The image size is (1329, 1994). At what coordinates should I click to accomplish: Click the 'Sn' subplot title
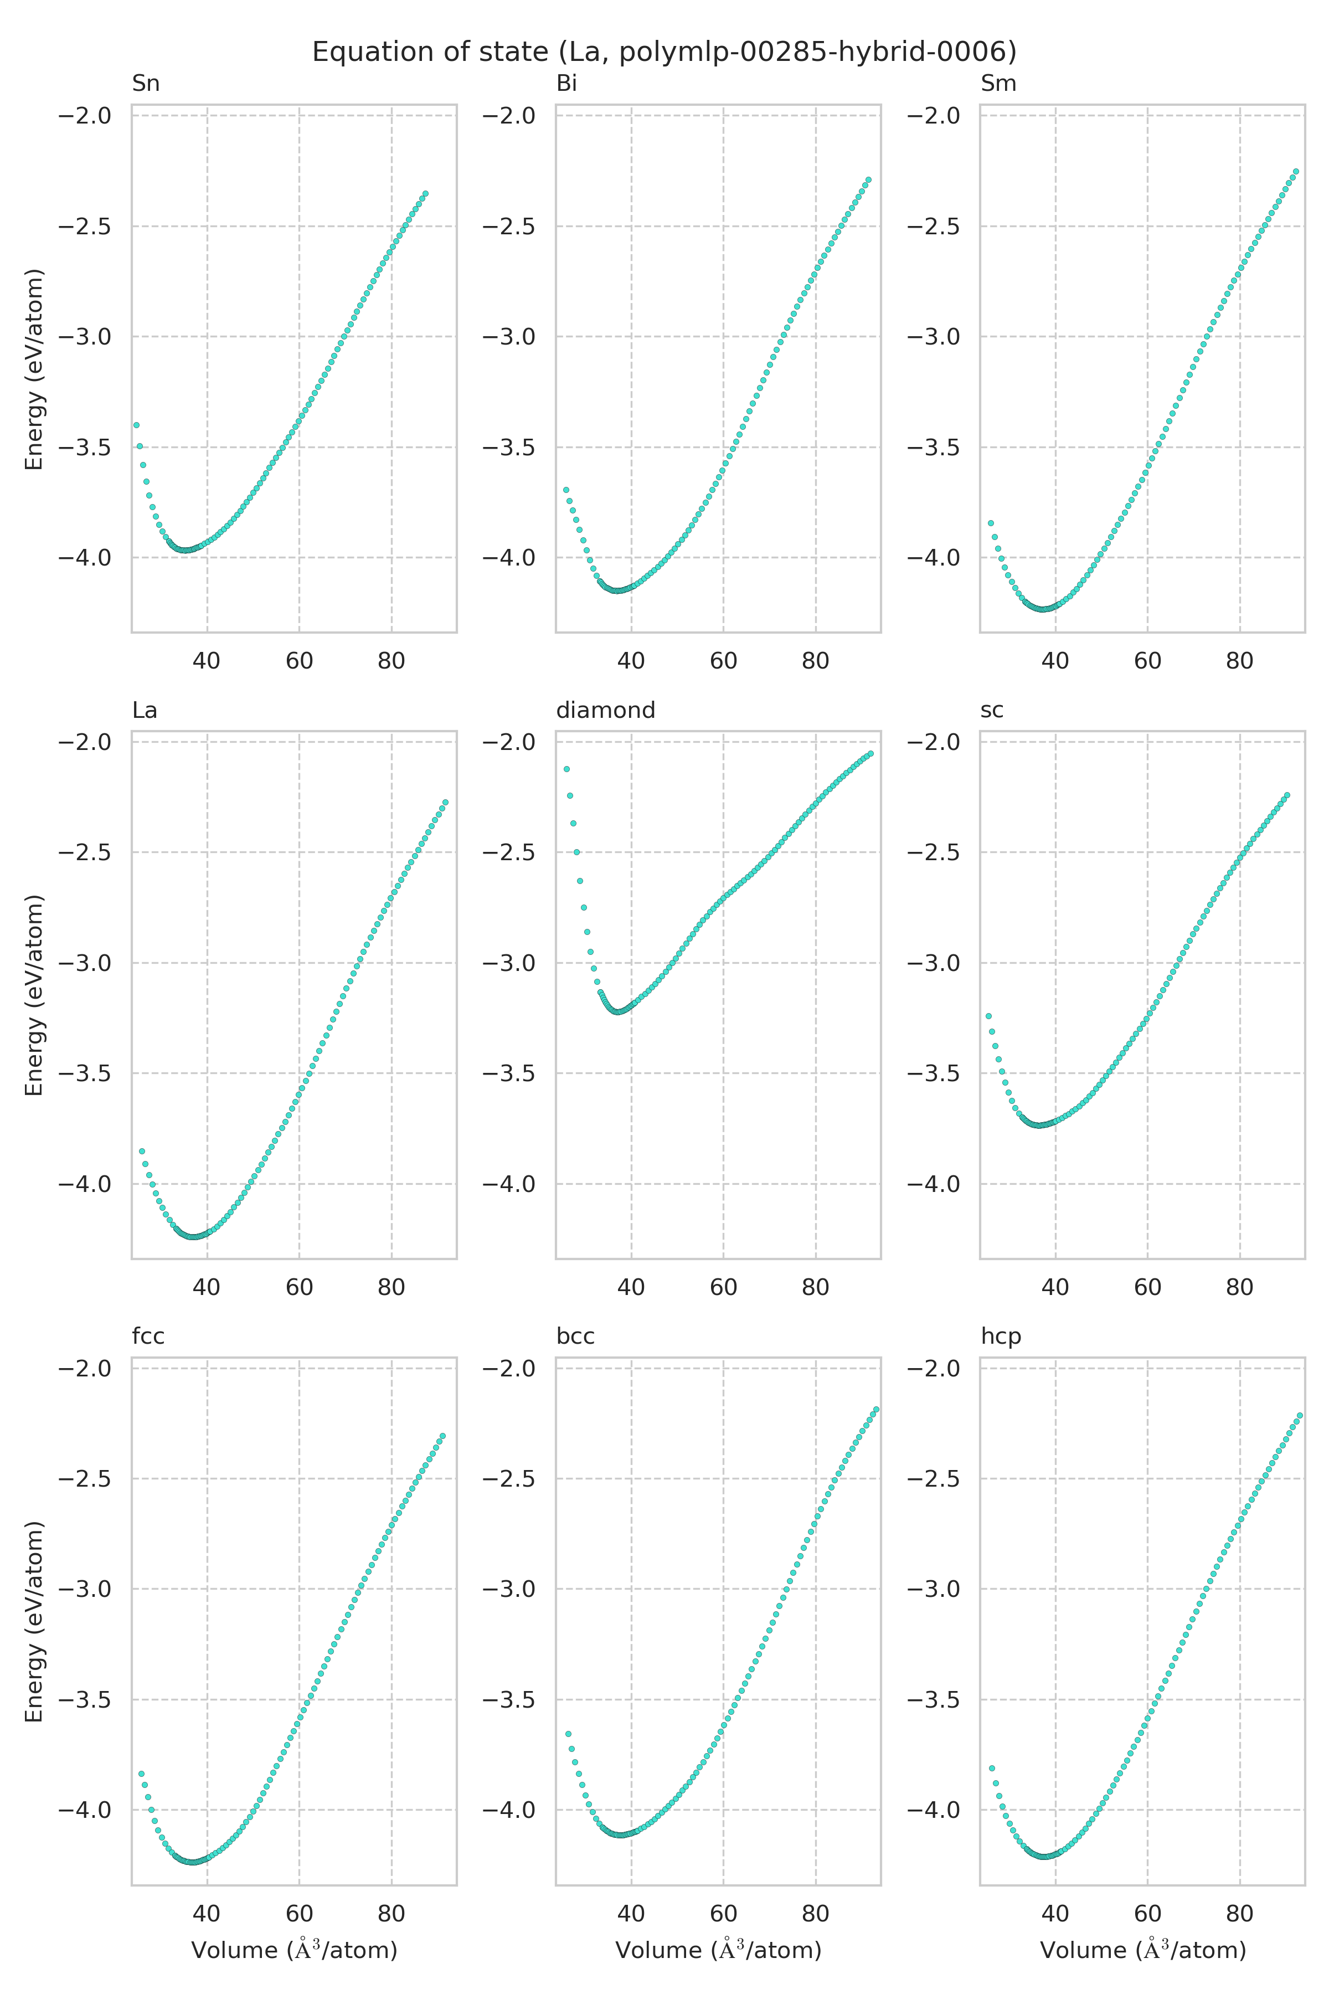(x=146, y=84)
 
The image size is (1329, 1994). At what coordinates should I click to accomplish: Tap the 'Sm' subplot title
(x=998, y=84)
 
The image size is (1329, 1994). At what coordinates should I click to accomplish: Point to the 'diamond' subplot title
(x=605, y=711)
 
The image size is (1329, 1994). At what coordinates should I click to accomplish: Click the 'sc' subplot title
(x=992, y=711)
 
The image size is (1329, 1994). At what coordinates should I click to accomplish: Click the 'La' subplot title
(x=145, y=711)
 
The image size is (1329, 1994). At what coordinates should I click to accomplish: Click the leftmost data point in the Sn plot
(x=136, y=425)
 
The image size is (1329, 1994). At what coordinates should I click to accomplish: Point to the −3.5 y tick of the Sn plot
(x=85, y=448)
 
